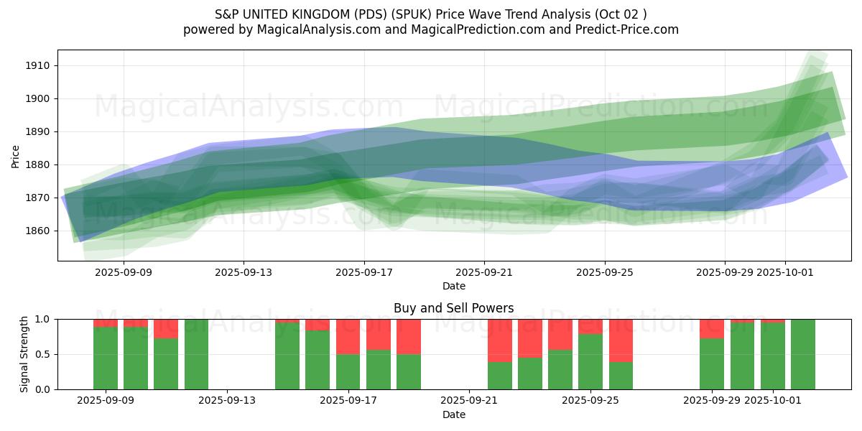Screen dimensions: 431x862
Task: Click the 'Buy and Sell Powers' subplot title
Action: click(x=453, y=308)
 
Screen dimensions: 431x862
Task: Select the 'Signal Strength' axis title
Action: click(x=24, y=354)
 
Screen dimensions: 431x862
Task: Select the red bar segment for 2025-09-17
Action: click(x=348, y=336)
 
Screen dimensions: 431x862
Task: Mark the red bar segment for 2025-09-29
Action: click(x=712, y=328)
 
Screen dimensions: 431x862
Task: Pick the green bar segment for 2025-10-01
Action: click(x=773, y=356)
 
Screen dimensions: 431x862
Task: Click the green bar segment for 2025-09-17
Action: click(x=348, y=371)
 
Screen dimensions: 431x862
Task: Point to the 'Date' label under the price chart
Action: click(x=453, y=286)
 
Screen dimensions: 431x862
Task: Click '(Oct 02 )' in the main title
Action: click(x=620, y=14)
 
